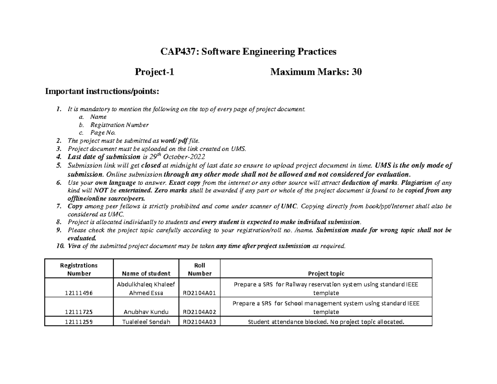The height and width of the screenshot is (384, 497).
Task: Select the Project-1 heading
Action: [x=154, y=72]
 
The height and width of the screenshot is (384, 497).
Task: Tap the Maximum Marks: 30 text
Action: [x=316, y=72]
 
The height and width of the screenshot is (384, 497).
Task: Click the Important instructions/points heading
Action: [x=101, y=91]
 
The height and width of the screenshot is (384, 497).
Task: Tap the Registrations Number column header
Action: [x=79, y=269]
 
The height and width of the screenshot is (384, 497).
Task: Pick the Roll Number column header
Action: [x=199, y=269]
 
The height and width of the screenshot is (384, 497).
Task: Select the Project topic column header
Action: [x=326, y=273]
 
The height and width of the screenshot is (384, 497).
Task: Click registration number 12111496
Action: [x=79, y=293]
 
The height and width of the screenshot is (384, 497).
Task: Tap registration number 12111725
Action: [x=79, y=312]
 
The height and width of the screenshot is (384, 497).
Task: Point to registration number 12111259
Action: [x=79, y=321]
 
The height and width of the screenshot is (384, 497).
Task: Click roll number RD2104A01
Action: [x=199, y=293]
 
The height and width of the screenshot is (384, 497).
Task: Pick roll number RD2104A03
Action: [x=199, y=321]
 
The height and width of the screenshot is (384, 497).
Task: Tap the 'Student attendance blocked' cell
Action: [x=326, y=321]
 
